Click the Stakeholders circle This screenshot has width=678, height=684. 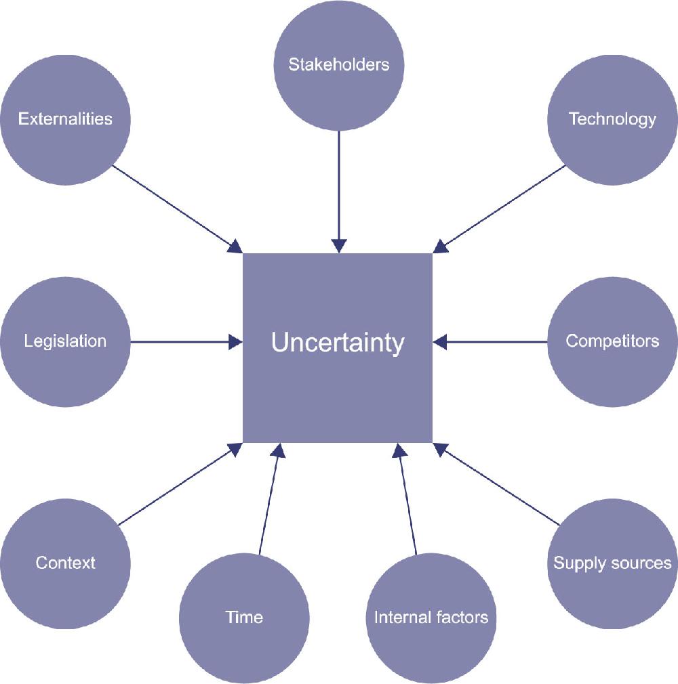[x=338, y=66]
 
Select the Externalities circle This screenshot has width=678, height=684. [x=65, y=120]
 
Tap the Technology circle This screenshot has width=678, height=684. [x=612, y=120]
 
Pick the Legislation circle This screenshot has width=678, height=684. [x=65, y=341]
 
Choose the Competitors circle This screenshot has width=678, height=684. [x=612, y=341]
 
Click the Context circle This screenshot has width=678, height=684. [x=65, y=563]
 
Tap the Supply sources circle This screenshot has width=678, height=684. [x=612, y=563]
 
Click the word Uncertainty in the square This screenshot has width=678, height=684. [x=338, y=343]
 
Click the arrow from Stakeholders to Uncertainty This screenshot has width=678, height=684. [x=338, y=190]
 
